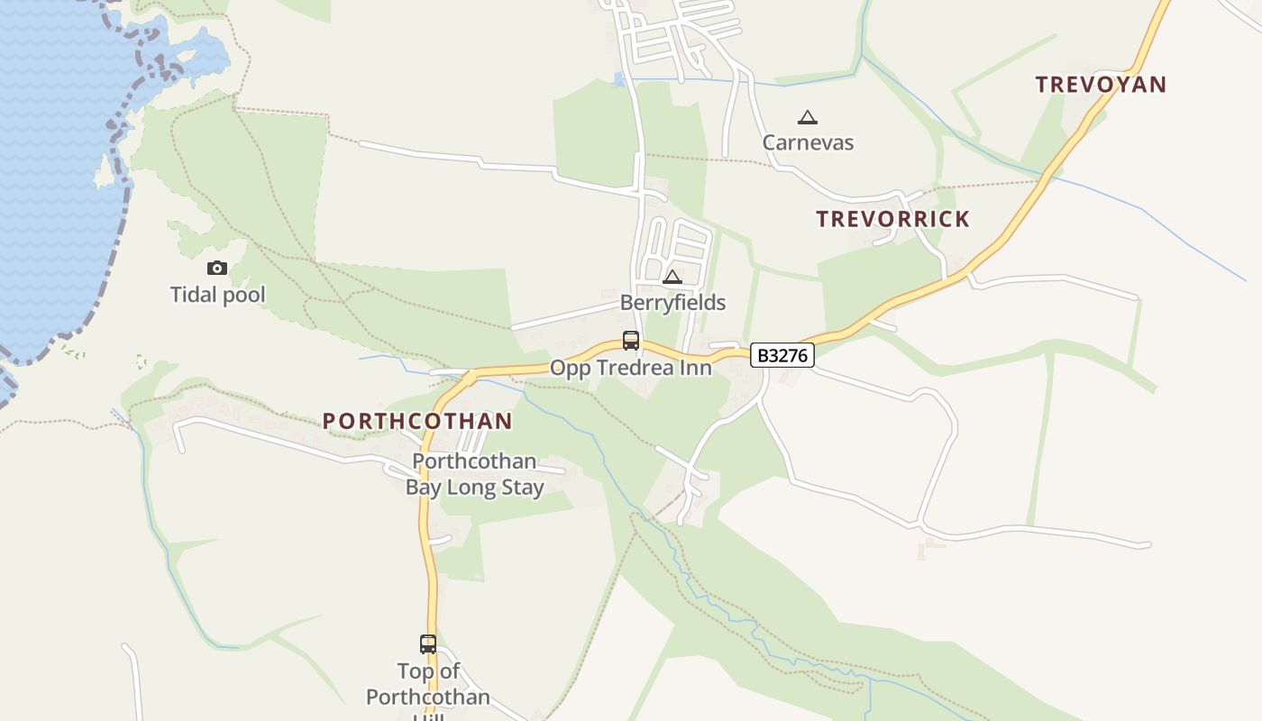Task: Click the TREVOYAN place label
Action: (x=1101, y=85)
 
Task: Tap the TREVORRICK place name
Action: (x=892, y=219)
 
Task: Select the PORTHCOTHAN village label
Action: (x=417, y=421)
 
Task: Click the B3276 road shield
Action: (x=782, y=355)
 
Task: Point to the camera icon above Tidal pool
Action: (x=217, y=268)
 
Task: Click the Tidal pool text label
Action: (x=218, y=295)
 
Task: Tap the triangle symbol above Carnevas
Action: (x=808, y=117)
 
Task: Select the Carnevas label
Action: (x=808, y=142)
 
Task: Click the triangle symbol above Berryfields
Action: (x=672, y=277)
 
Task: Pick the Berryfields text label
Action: (x=672, y=303)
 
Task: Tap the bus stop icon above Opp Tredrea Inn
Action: (x=631, y=341)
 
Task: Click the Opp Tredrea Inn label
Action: (x=631, y=368)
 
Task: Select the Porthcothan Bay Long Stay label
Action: (x=474, y=475)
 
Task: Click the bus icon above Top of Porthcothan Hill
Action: (x=428, y=644)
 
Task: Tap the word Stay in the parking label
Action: (x=524, y=488)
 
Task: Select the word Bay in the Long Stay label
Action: (x=424, y=488)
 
